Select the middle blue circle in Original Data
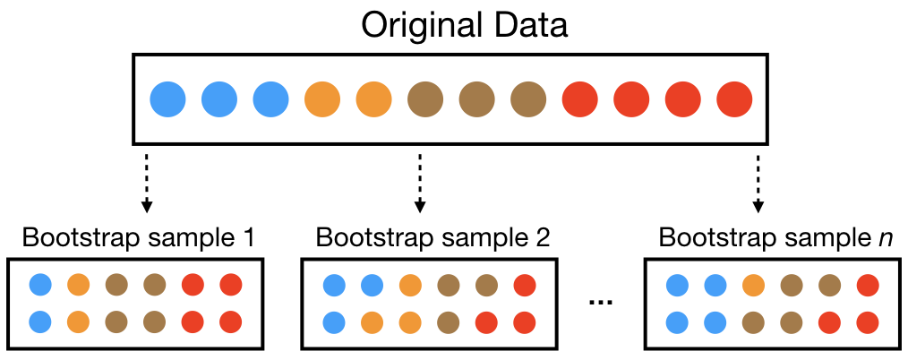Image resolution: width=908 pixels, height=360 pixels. point(218,99)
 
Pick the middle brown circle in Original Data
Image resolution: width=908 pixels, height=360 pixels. point(476,99)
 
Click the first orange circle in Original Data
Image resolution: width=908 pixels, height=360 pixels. point(322,99)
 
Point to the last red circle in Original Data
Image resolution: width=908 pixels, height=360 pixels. point(734,99)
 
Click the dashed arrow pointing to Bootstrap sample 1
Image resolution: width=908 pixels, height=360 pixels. point(145,184)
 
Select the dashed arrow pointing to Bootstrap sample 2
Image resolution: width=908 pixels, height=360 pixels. point(419,184)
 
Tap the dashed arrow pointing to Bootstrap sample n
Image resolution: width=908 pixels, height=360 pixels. point(758,184)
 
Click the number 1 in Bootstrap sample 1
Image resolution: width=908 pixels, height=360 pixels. point(250,239)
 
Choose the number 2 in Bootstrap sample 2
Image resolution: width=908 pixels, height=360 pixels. point(542,239)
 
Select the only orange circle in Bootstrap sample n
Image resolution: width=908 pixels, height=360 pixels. point(753,285)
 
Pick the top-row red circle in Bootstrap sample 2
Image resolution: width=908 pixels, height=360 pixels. point(525,285)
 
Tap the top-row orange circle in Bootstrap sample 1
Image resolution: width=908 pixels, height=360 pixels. point(79,285)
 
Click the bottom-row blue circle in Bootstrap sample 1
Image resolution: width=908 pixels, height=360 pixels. point(40,321)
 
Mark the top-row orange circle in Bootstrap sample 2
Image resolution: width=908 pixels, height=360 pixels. point(410,285)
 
